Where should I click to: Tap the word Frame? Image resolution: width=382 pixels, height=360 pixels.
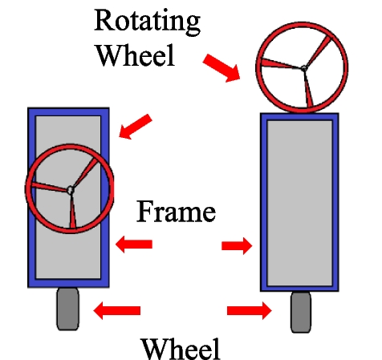pos(176,212)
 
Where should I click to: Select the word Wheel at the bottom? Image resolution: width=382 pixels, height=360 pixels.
pos(180,349)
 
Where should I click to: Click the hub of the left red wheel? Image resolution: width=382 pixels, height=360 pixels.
pos(70,190)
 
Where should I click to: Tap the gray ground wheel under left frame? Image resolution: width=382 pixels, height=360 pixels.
pos(68,310)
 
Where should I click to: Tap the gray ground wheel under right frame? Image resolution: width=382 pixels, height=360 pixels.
pos(301,312)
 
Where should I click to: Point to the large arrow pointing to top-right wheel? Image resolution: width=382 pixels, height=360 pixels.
pos(220,68)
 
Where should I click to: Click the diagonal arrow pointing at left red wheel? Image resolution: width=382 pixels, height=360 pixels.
pos(136,125)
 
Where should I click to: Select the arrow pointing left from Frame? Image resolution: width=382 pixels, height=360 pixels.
pos(133,244)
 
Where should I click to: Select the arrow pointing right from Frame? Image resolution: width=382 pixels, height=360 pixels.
pos(236,245)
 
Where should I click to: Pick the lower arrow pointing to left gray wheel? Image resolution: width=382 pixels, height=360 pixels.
pos(117,309)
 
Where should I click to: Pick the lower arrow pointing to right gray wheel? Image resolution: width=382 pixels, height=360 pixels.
pos(250,309)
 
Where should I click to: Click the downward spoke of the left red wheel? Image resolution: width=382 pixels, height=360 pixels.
pos(73,213)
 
